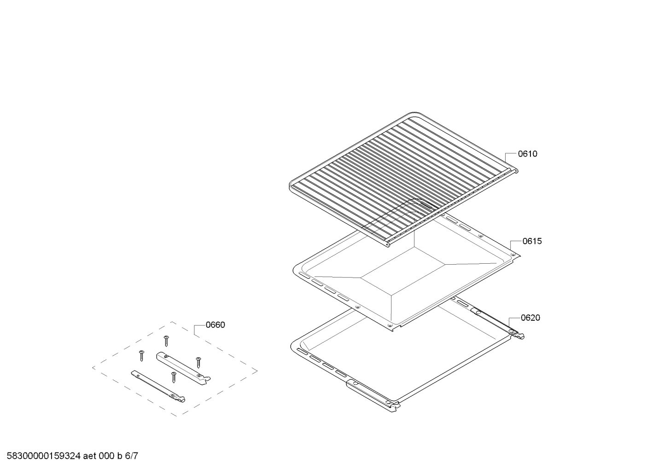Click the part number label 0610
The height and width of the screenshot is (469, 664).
(x=527, y=154)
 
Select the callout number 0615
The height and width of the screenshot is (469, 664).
(x=532, y=241)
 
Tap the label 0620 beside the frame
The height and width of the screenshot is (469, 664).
(x=530, y=318)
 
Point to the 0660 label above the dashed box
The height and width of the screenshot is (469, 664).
(x=215, y=325)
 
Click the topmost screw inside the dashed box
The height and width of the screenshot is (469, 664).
(x=166, y=341)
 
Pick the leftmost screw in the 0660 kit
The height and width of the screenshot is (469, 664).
(x=141, y=355)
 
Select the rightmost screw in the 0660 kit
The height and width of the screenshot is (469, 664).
(x=198, y=362)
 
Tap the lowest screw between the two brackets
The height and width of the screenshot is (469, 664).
(x=174, y=377)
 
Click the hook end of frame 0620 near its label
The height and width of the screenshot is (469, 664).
(x=519, y=335)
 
